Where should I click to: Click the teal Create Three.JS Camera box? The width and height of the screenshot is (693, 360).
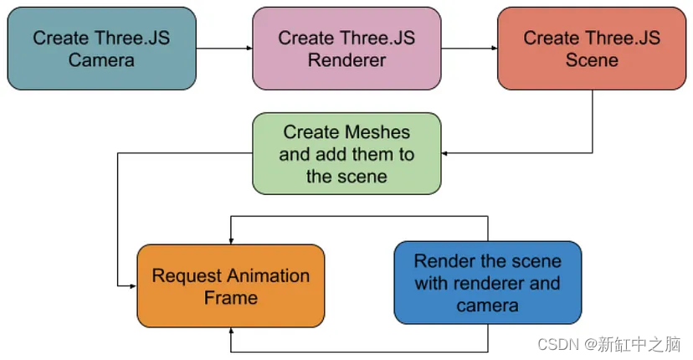click(102, 49)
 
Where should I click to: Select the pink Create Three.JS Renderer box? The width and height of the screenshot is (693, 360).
click(346, 49)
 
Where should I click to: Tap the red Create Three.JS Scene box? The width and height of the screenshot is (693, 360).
click(592, 49)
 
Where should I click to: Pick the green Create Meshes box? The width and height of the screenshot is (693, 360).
click(346, 154)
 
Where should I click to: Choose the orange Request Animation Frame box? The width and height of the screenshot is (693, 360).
click(230, 285)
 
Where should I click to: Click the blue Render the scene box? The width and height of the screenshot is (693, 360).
click(487, 283)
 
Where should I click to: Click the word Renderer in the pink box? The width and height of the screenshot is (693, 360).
click(346, 60)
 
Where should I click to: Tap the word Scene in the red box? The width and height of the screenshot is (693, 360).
click(592, 60)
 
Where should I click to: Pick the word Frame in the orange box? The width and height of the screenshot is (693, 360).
click(230, 297)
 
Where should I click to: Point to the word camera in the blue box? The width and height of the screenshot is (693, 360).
click(487, 305)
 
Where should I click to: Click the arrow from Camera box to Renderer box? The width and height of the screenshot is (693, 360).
click(224, 49)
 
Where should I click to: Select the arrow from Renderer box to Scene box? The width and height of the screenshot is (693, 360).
click(469, 49)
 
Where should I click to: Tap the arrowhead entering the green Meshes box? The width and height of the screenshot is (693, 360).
click(445, 153)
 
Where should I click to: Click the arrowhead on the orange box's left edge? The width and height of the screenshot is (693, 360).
click(133, 285)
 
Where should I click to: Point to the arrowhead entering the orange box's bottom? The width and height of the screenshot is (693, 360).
click(230, 331)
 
